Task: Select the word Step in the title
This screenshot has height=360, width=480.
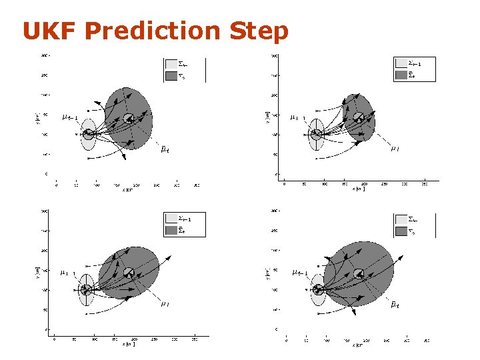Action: coord(259,31)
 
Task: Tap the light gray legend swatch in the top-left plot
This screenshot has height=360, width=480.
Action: coord(171,64)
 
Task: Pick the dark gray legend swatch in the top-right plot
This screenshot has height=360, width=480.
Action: coord(401,75)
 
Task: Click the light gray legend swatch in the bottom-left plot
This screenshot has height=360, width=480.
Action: coord(171,219)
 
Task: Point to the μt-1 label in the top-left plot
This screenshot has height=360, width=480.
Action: coord(70,118)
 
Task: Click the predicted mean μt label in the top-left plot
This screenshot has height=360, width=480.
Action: coord(164,149)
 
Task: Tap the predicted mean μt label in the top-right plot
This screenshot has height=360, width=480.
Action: coord(395,149)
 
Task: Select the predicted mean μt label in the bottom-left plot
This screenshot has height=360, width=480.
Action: coord(164,304)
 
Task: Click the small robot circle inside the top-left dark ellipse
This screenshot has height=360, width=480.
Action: coord(129,119)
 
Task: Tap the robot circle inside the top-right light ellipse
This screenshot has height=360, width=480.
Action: coord(318,134)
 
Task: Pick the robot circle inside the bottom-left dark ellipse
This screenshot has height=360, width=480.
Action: coord(129,273)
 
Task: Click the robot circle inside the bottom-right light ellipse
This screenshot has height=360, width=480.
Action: coord(318,289)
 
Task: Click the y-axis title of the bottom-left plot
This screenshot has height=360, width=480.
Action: coord(37,272)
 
